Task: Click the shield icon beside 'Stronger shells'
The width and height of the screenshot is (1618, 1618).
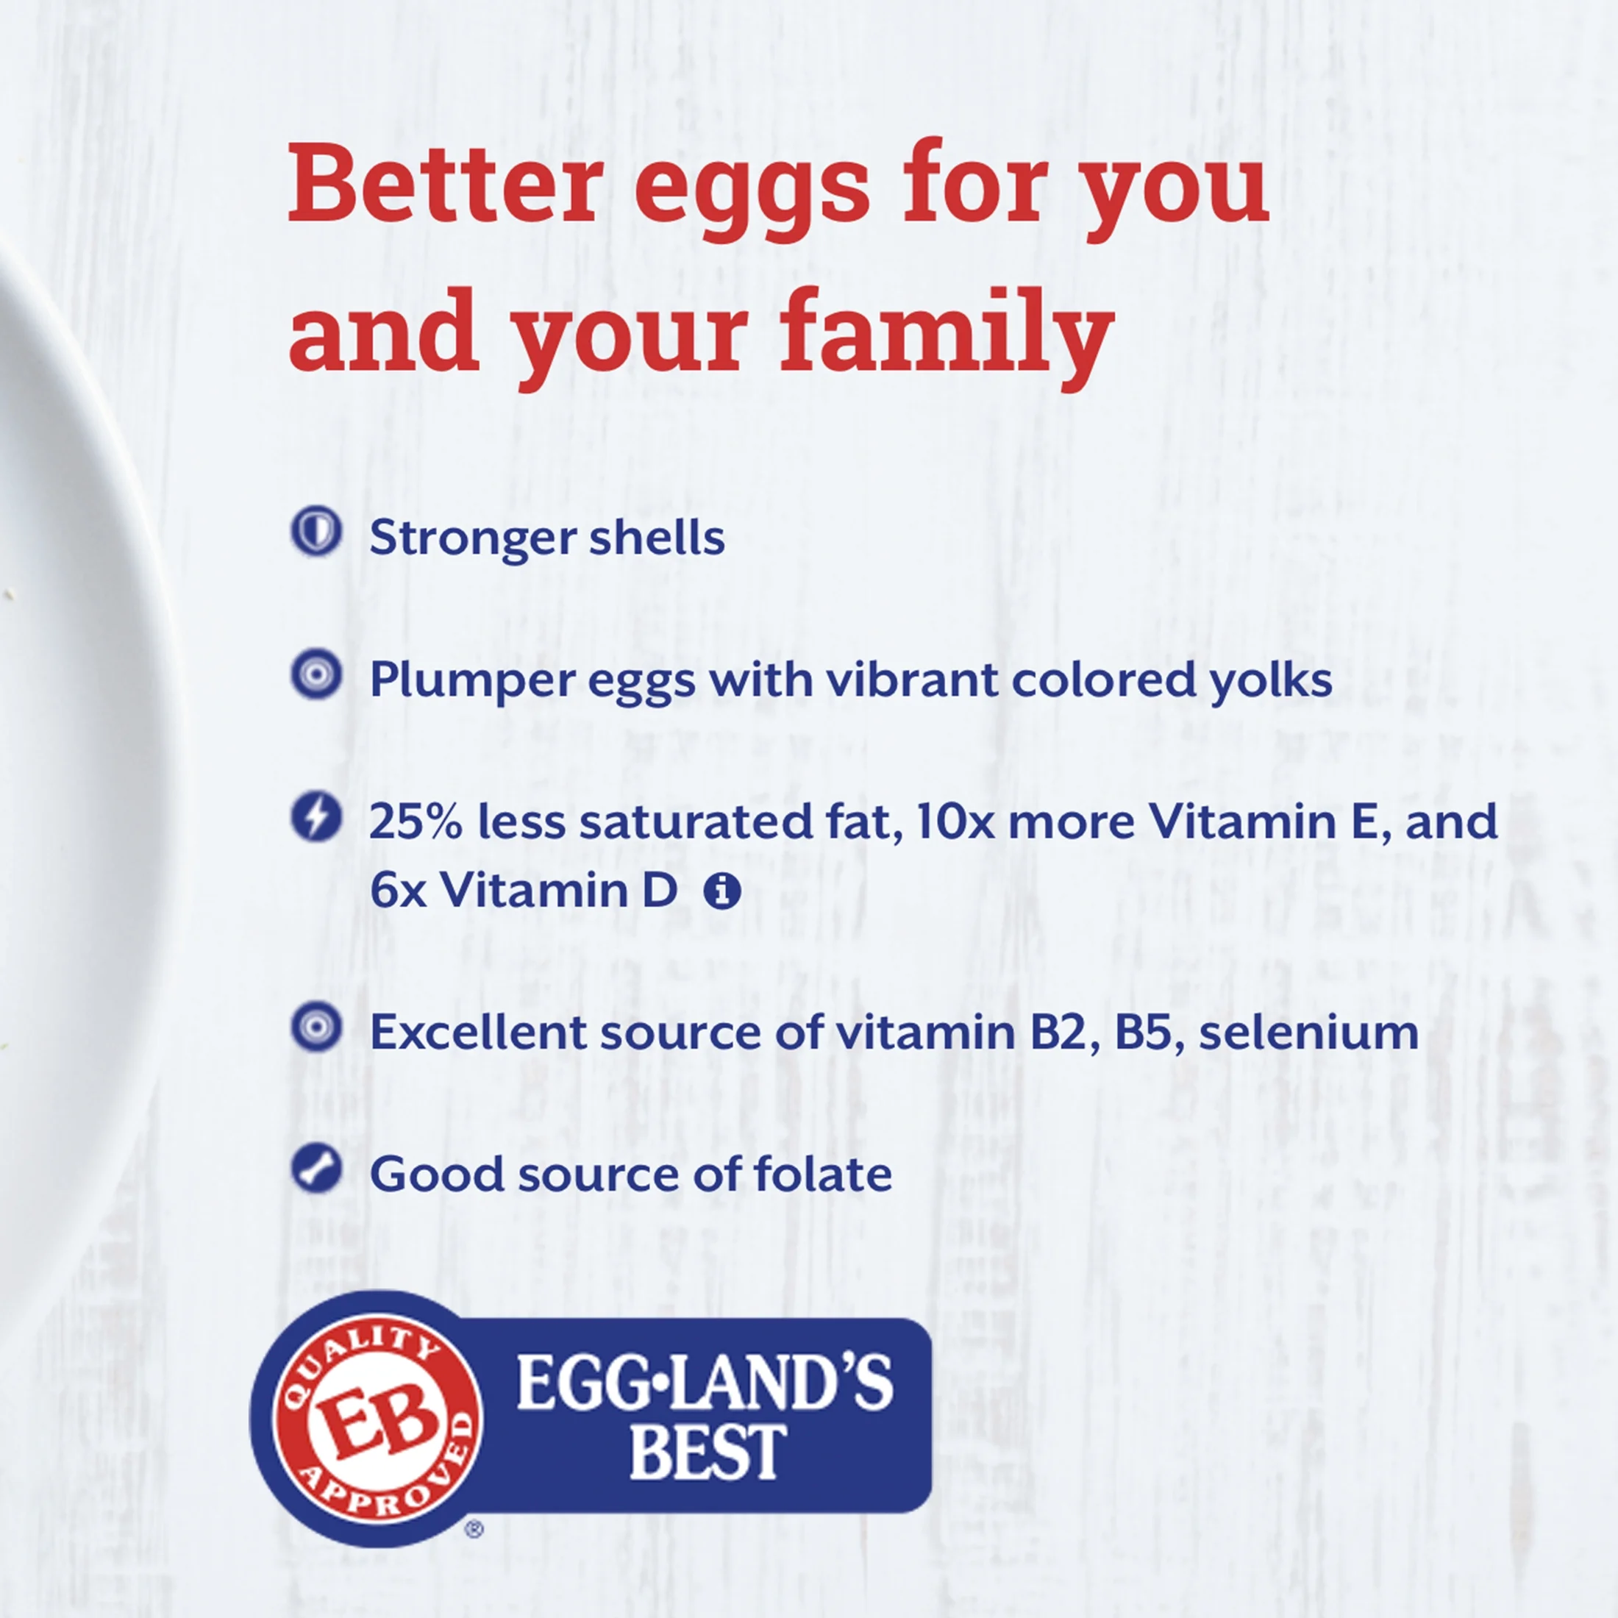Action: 316,532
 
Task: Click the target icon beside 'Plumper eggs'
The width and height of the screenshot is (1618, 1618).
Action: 316,674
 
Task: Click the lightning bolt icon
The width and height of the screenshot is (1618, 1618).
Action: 316,816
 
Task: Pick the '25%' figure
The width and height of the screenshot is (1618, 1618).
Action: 416,822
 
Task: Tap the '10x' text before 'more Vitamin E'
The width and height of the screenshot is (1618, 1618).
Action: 955,822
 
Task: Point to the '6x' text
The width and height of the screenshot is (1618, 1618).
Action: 398,890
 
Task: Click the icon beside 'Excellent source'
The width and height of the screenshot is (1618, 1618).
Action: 316,1027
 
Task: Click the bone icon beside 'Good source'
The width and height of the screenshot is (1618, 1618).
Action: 316,1169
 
